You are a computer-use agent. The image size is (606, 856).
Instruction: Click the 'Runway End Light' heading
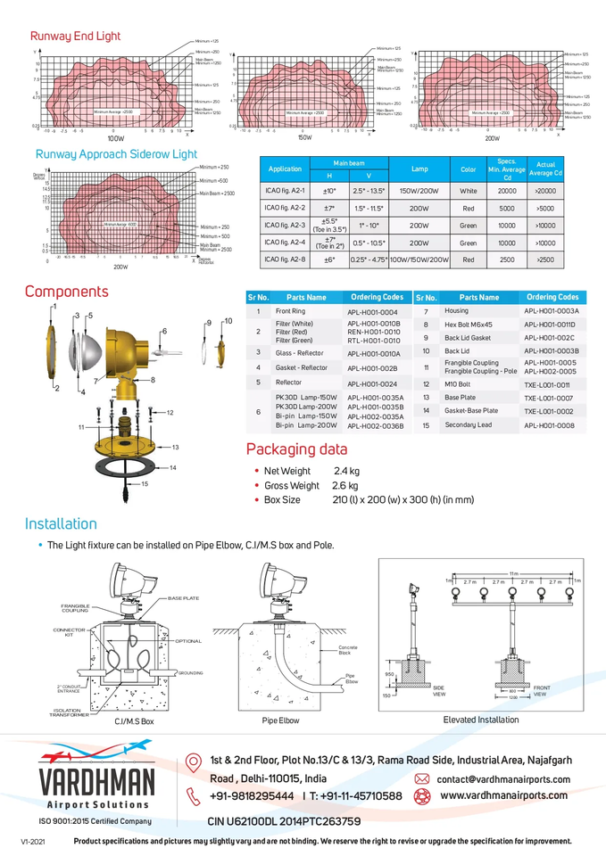(75, 37)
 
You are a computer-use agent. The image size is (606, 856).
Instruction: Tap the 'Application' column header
(285, 169)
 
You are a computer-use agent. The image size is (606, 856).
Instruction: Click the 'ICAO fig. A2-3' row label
(285, 225)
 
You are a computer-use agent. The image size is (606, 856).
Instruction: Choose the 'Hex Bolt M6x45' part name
(469, 325)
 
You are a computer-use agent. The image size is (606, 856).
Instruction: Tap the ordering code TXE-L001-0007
(549, 398)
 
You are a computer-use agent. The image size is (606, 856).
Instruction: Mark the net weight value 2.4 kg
(346, 471)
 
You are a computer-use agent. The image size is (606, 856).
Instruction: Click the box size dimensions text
(403, 499)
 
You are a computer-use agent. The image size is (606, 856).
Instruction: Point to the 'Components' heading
(66, 292)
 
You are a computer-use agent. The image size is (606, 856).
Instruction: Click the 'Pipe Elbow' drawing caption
(280, 720)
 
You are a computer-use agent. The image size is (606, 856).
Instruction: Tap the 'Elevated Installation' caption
(480, 719)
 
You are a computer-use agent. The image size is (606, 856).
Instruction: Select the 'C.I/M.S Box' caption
(134, 720)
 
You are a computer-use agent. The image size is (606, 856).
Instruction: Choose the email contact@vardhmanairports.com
(502, 779)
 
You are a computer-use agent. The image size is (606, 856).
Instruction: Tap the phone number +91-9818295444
(252, 795)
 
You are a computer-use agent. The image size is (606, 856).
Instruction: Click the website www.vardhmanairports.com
(504, 794)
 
